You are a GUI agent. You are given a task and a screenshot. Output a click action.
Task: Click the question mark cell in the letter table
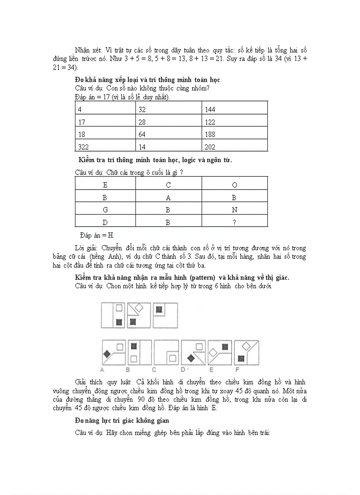[234, 223]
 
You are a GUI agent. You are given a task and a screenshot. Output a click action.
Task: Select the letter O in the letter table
[234, 185]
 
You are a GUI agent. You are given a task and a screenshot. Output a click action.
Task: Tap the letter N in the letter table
[234, 210]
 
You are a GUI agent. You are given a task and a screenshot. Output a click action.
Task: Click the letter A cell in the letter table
[168, 198]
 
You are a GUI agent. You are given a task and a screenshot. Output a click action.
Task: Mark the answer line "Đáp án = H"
[97, 235]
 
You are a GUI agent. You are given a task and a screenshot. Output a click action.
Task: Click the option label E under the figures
[212, 369]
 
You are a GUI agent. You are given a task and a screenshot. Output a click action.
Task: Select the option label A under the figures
[102, 369]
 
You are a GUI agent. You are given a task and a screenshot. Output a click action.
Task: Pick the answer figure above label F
[246, 352]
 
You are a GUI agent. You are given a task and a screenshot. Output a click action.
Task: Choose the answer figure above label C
[166, 352]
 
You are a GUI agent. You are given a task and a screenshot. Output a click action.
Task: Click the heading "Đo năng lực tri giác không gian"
[122, 421]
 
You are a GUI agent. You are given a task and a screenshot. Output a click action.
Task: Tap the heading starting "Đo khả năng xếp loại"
[148, 80]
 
